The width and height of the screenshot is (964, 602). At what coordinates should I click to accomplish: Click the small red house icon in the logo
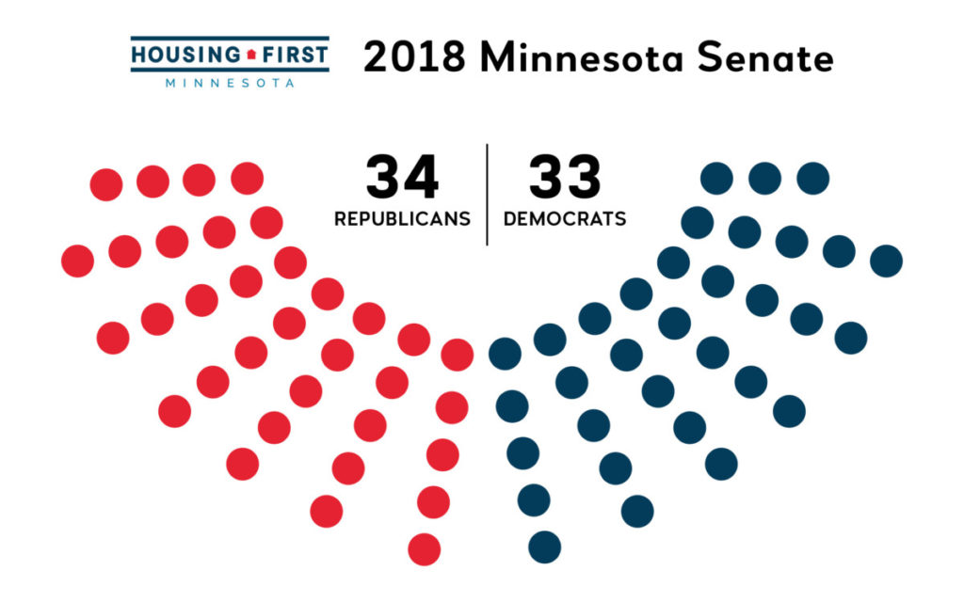point(251,55)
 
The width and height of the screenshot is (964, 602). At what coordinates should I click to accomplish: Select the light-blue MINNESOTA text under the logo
point(230,82)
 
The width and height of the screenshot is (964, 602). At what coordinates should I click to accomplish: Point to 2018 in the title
point(414,57)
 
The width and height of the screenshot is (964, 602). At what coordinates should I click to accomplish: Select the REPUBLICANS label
point(402,219)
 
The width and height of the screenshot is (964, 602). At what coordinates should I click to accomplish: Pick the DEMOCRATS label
point(565,219)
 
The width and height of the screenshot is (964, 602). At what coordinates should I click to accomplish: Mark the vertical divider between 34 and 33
point(487,195)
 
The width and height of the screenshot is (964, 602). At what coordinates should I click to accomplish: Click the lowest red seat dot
point(425,548)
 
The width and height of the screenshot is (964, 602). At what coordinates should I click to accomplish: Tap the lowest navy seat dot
point(544,547)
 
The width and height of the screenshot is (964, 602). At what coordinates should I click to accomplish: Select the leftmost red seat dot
point(77,261)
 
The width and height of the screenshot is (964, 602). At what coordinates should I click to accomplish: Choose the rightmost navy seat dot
point(886,261)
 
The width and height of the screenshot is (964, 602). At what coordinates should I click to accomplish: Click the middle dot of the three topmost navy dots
point(764,177)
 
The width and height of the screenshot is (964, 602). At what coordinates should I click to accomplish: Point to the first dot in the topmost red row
point(106,184)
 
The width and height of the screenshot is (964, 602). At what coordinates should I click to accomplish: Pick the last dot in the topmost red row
point(247,177)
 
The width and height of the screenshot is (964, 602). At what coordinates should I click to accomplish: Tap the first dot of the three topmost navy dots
point(717,178)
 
